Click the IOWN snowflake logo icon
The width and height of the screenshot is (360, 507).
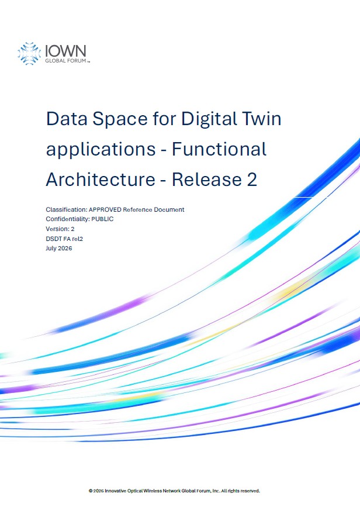tap(29, 53)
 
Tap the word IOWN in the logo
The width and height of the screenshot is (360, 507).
tap(65, 51)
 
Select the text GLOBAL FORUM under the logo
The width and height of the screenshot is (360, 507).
tap(65, 61)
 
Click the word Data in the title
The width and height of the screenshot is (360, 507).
tap(67, 119)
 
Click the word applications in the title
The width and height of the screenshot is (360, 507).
tap(101, 150)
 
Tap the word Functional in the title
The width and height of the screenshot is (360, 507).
tap(219, 149)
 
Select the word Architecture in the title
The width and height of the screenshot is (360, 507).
tap(101, 180)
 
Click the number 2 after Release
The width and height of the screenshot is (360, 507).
tap(252, 180)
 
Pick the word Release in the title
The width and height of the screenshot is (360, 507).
tap(207, 180)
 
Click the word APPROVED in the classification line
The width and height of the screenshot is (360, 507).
tap(105, 209)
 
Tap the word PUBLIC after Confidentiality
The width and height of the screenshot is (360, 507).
tap(102, 219)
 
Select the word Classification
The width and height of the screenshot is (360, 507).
tap(67, 209)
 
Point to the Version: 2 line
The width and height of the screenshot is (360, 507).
tap(60, 229)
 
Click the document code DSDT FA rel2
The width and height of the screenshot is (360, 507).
tap(64, 239)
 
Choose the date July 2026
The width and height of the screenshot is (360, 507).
tap(59, 249)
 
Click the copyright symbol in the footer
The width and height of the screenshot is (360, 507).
tap(91, 491)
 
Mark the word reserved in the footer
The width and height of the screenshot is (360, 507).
tap(250, 491)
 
